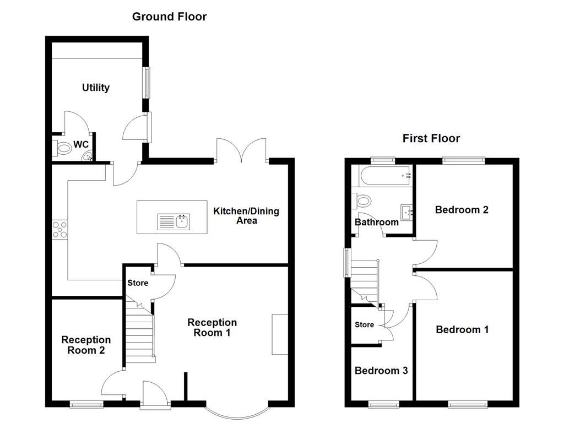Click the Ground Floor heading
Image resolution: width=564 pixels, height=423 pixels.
(x=169, y=17)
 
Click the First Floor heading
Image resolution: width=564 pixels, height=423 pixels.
(x=431, y=138)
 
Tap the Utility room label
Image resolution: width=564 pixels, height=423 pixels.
(x=96, y=88)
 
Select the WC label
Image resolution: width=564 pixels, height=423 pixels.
(x=81, y=145)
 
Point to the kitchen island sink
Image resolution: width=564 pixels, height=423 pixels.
(x=173, y=221)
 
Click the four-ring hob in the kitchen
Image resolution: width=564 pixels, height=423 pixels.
(x=59, y=229)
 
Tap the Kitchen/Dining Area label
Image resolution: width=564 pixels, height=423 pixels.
(x=246, y=216)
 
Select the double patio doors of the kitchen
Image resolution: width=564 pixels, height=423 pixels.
(x=242, y=150)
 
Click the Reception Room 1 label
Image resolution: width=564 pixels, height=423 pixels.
(x=212, y=328)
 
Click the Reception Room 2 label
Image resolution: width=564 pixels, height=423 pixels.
(x=86, y=345)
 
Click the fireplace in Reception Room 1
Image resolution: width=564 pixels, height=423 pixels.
(x=280, y=334)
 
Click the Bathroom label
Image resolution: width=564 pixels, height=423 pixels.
(x=376, y=223)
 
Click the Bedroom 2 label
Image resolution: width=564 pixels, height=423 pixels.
(x=462, y=210)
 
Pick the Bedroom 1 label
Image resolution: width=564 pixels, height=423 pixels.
(x=462, y=330)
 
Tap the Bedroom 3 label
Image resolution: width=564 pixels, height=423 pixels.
(x=381, y=371)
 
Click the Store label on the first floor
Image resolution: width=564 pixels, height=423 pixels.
(x=364, y=325)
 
